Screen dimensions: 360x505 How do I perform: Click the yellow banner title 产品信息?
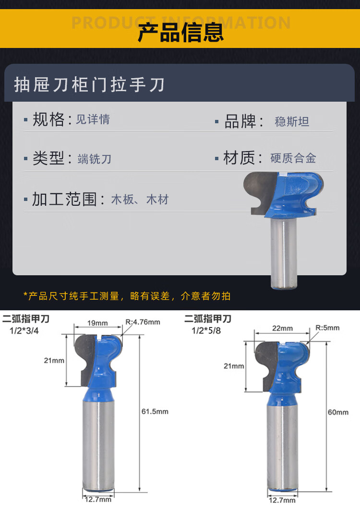(x=180, y=33)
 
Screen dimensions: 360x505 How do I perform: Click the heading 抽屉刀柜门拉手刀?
(x=89, y=85)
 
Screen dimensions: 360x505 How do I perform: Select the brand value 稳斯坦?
(x=292, y=122)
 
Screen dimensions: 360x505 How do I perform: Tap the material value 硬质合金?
(x=293, y=158)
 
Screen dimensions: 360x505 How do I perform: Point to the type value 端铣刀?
(x=95, y=159)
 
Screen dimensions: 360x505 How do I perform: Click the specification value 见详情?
(x=93, y=119)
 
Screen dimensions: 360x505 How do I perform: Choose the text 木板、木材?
(x=140, y=200)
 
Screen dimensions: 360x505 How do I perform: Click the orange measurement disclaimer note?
(x=127, y=296)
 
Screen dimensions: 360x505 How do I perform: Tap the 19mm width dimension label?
(x=97, y=323)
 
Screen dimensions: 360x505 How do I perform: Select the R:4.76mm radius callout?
(x=143, y=322)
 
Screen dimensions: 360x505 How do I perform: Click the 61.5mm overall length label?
(x=155, y=411)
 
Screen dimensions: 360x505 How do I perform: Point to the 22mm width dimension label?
(x=282, y=328)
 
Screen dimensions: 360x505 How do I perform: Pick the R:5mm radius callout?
(x=327, y=328)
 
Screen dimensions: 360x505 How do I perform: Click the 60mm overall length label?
(x=338, y=412)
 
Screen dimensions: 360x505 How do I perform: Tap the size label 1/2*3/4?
(x=24, y=331)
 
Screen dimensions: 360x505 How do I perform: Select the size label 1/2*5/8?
(x=206, y=331)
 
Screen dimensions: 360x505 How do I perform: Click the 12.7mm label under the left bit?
(x=98, y=500)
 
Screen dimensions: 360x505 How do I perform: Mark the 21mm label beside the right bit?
(x=234, y=366)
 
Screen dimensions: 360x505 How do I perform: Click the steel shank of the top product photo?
(x=284, y=253)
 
